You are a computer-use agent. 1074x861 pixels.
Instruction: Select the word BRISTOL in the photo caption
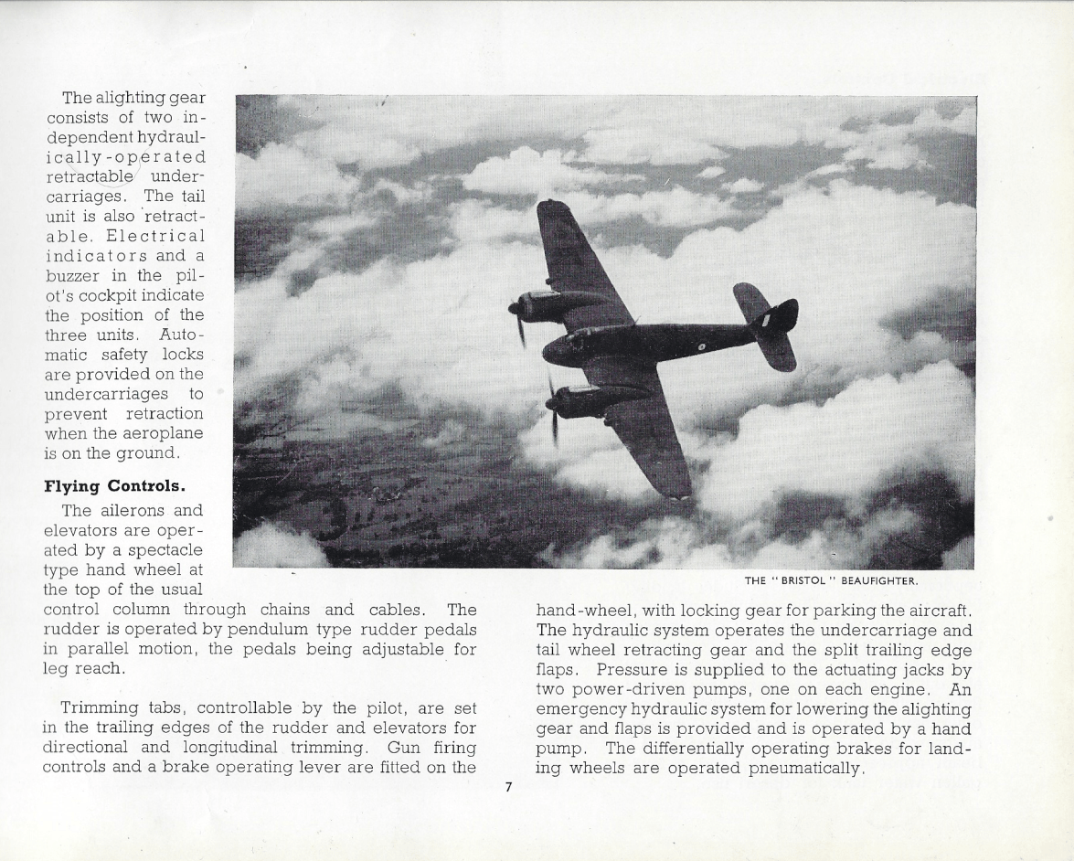(799, 580)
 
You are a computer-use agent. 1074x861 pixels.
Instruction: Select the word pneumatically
(805, 768)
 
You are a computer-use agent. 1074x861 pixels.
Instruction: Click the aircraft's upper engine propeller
(516, 315)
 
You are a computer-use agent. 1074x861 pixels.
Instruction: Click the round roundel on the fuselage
(701, 346)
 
